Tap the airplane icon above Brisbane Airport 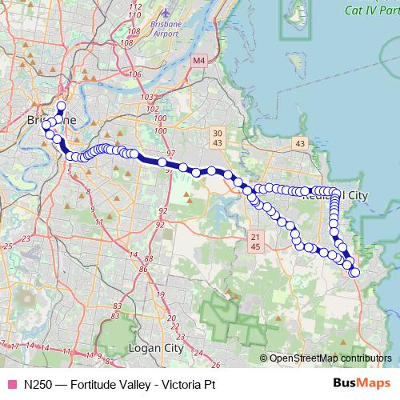point(165,14)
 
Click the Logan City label point(155,349)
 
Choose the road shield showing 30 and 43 point(218,137)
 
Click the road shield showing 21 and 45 point(255,241)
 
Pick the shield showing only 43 point(300,143)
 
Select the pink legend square point(11,384)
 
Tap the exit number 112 point(134,6)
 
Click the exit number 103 point(146,97)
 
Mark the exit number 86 point(144,270)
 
